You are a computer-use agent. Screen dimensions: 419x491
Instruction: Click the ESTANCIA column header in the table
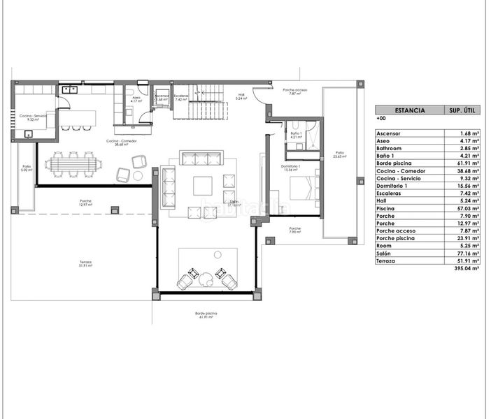(x=408, y=110)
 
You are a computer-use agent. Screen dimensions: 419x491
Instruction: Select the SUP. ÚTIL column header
(x=461, y=110)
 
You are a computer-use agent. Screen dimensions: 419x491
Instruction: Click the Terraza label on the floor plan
(x=85, y=263)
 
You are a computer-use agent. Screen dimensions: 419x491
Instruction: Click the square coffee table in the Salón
(x=203, y=185)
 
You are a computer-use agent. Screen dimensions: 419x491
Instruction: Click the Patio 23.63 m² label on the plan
(x=339, y=155)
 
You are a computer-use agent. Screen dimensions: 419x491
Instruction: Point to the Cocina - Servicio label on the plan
(x=31, y=117)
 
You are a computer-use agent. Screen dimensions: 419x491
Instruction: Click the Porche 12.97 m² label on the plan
(x=85, y=203)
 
